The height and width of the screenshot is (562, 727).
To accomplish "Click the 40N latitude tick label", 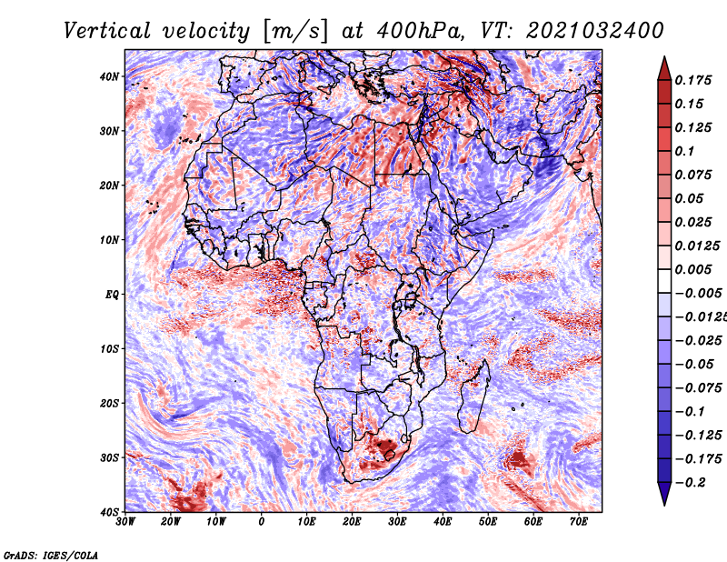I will (x=108, y=76).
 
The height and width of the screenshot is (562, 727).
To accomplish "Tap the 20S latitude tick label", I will (x=108, y=403).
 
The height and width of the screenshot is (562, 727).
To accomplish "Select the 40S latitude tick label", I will (x=108, y=511).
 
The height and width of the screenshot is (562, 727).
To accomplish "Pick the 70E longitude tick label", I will (x=578, y=522).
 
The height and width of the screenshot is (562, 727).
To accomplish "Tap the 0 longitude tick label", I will (x=262, y=522).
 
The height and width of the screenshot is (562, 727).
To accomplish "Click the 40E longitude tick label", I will (x=443, y=522).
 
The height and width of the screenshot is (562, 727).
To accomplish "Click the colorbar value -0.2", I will (x=695, y=482).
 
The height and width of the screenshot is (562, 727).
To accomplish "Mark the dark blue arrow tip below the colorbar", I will (x=663, y=497).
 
